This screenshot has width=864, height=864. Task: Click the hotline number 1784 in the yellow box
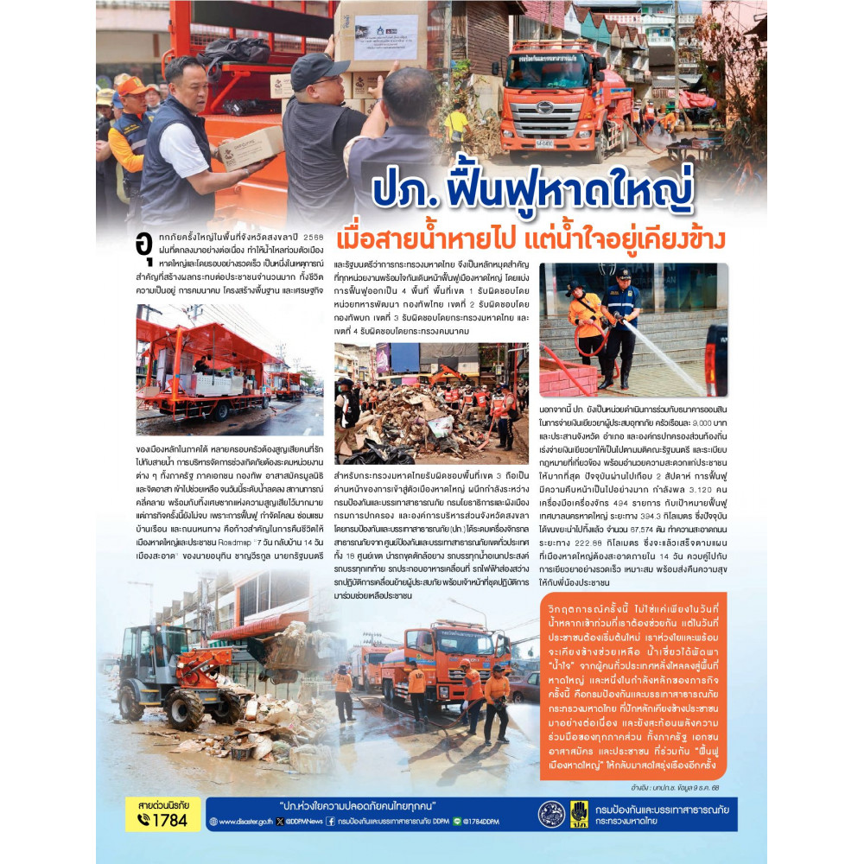click(169, 820)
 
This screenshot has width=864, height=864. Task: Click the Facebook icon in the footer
click(330, 822)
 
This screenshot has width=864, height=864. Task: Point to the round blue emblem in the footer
click(551, 814)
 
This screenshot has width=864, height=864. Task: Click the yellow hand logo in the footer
click(579, 814)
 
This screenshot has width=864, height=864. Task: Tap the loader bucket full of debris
click(289, 643)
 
